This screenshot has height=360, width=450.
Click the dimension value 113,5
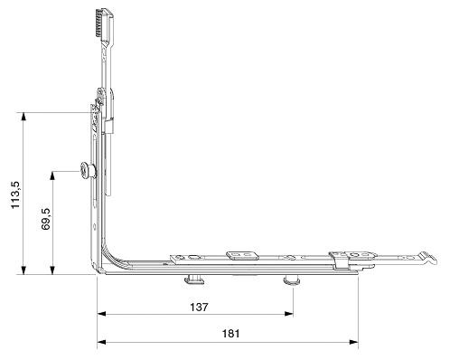coord(15,194)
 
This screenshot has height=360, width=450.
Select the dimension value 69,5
coord(46,219)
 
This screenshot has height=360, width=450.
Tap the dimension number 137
coord(199,307)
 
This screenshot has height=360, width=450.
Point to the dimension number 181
coord(231,334)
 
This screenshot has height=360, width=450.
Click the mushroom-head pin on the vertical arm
coord(88,171)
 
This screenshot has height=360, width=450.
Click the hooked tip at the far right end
coord(428,258)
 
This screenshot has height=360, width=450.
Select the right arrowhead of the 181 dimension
coord(354,342)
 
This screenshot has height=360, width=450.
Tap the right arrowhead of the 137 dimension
coord(289,314)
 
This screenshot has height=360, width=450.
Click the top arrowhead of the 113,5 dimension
coord(23,117)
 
